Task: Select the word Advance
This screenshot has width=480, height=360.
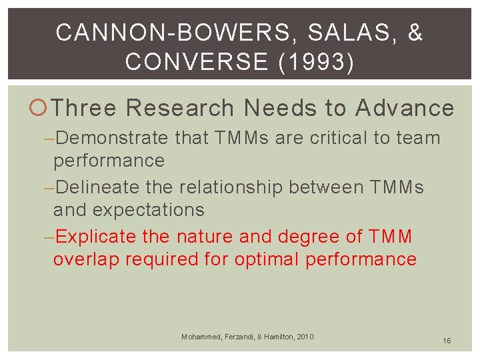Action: pos(405,107)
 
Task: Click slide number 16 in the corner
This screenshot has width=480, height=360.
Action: pos(446,341)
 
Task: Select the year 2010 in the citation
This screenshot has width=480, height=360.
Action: pos(304,337)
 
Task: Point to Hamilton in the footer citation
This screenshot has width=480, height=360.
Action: pos(275,337)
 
